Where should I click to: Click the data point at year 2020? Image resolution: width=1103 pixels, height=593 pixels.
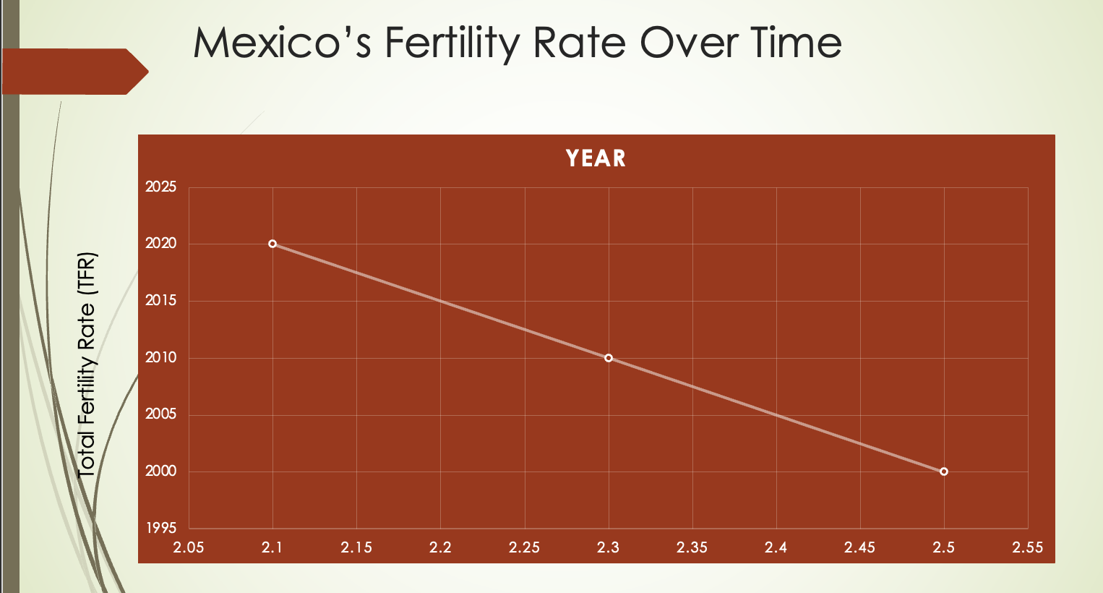(272, 244)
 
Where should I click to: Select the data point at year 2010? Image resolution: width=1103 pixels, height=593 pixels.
(609, 358)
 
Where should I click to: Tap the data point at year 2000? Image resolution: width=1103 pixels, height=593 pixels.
(944, 472)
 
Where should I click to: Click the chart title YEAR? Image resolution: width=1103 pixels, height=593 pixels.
(596, 158)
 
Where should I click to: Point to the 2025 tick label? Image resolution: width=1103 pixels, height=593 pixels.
(160, 187)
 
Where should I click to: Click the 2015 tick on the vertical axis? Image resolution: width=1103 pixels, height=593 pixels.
(160, 301)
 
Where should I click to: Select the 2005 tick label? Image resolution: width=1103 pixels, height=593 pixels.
(160, 415)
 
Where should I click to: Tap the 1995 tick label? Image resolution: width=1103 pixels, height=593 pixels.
(160, 529)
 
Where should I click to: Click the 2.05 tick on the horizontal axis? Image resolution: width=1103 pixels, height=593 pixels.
(189, 547)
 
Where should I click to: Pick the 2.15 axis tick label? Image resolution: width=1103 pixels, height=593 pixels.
(356, 547)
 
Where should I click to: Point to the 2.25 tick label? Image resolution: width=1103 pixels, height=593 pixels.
(524, 547)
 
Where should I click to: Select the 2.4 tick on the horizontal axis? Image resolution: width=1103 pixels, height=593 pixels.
(776, 547)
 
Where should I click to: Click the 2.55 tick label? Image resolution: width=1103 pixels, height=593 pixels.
(1028, 547)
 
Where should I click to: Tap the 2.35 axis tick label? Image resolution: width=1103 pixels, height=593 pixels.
(692, 547)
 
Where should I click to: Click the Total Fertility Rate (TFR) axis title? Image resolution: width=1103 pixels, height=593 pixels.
(87, 364)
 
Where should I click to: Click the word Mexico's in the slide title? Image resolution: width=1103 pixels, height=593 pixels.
(282, 43)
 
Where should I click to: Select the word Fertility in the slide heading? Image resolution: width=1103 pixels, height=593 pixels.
(452, 43)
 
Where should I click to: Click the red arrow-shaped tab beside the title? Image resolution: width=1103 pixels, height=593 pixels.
(72, 72)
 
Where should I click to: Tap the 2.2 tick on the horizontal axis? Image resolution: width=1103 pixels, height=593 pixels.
(440, 547)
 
